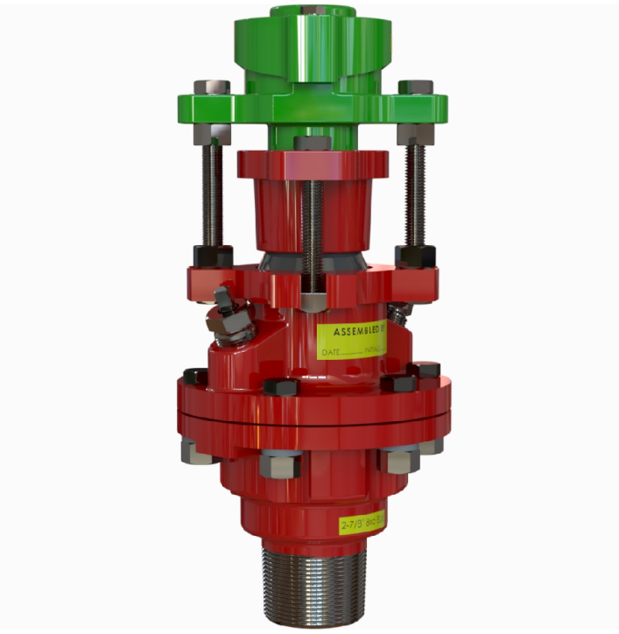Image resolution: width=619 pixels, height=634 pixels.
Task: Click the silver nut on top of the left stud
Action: [211, 88]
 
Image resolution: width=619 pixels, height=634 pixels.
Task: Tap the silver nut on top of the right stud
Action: [415, 88]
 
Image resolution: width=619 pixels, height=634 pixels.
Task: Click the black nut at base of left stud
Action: [213, 256]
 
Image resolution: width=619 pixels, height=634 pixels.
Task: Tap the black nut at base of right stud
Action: [414, 256]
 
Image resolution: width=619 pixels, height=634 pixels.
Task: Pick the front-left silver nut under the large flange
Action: [279, 462]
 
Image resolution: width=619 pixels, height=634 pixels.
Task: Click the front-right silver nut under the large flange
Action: [399, 459]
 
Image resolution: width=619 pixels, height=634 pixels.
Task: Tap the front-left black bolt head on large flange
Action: [281, 386]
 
